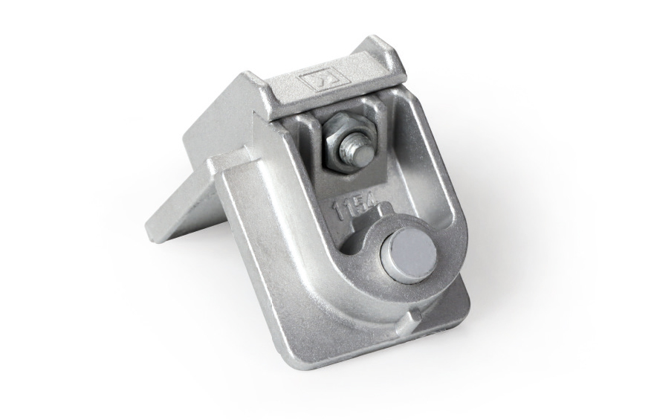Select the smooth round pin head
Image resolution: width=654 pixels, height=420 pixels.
(409, 253)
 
